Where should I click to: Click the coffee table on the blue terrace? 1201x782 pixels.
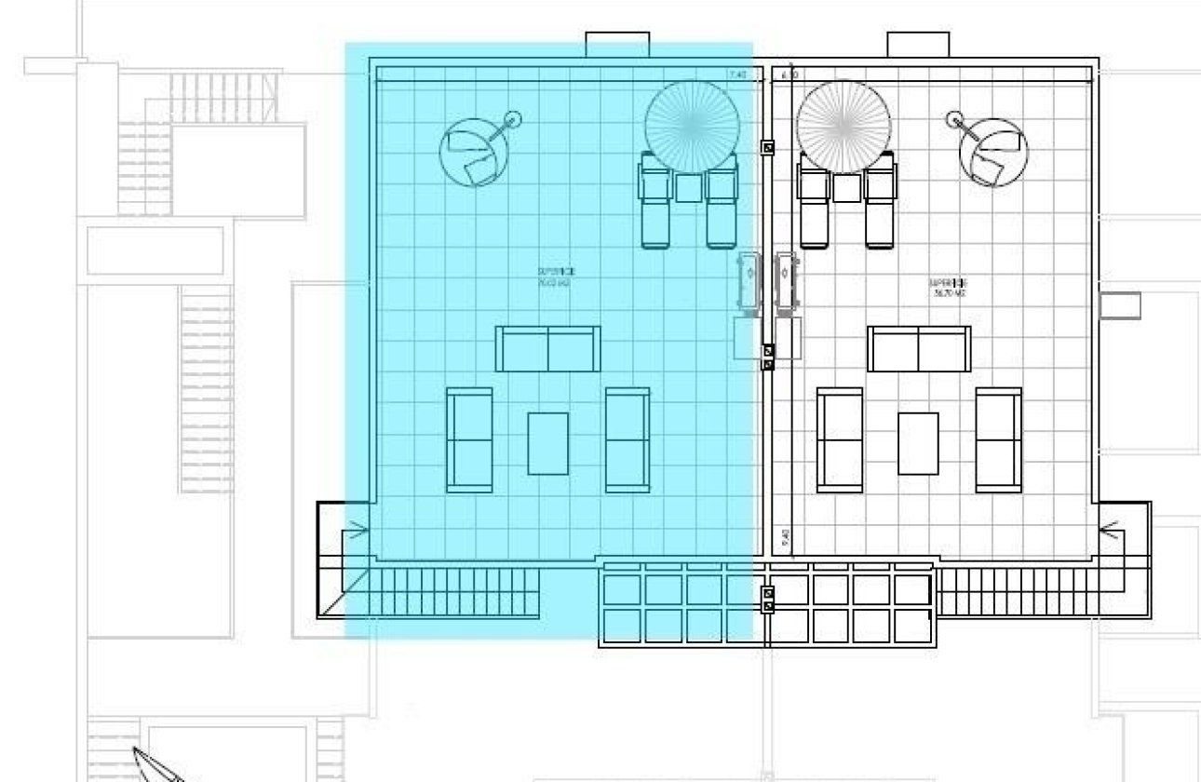click(547, 443)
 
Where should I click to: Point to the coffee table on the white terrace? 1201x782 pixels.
click(918, 443)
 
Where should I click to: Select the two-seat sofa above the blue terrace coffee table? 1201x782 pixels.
click(547, 349)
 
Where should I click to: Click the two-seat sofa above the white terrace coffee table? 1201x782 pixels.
click(918, 349)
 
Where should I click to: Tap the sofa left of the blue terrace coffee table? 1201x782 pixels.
click(469, 439)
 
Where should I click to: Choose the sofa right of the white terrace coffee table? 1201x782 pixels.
click(998, 439)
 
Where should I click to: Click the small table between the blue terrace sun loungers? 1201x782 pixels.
click(689, 188)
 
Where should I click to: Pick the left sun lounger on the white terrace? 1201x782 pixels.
click(814, 202)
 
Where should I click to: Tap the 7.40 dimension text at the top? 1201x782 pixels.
click(737, 74)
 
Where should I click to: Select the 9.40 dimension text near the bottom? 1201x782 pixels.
click(785, 538)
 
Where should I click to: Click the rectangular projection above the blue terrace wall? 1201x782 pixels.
click(616, 45)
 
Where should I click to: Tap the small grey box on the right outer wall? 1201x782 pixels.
click(1119, 305)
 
